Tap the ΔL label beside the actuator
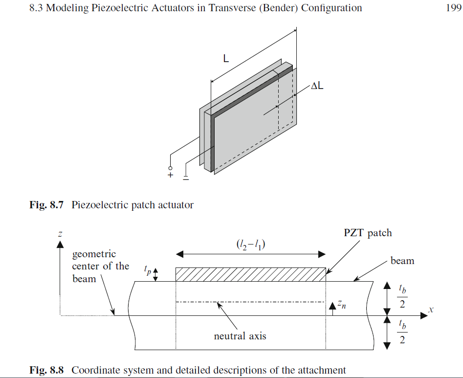click(318, 87)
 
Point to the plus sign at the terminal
click(171, 176)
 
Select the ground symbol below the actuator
click(186, 177)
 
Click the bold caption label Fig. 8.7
click(47, 205)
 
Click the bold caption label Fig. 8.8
click(47, 370)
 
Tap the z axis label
click(60, 234)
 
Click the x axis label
click(431, 310)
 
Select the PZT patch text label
click(368, 233)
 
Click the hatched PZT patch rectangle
click(250, 274)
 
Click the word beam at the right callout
click(402, 261)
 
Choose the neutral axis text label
click(240, 336)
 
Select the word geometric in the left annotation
click(94, 254)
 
